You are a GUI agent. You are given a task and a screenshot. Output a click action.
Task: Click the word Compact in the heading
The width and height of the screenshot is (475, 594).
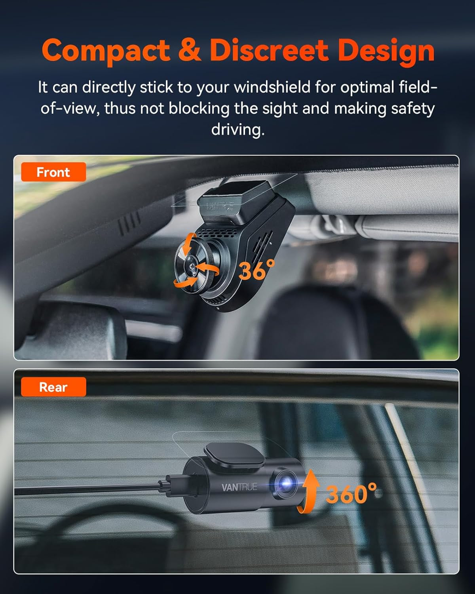pyautogui.click(x=106, y=51)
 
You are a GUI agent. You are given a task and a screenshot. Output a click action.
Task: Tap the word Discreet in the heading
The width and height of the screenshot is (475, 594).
pyautogui.click(x=269, y=50)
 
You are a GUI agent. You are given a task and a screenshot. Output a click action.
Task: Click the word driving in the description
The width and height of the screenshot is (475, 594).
pyautogui.click(x=237, y=129)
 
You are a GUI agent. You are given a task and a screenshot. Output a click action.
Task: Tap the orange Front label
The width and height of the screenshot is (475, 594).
pyautogui.click(x=53, y=172)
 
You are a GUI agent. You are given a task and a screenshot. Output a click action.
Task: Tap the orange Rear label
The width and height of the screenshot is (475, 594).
pyautogui.click(x=53, y=387)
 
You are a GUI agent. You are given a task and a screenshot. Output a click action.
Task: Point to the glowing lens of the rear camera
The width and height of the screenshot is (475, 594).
pyautogui.click(x=286, y=483)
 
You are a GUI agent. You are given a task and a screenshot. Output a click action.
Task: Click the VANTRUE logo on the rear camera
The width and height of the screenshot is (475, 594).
pyautogui.click(x=239, y=487)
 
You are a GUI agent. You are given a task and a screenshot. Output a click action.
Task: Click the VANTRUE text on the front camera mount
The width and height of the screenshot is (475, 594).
pyautogui.click(x=220, y=206)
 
